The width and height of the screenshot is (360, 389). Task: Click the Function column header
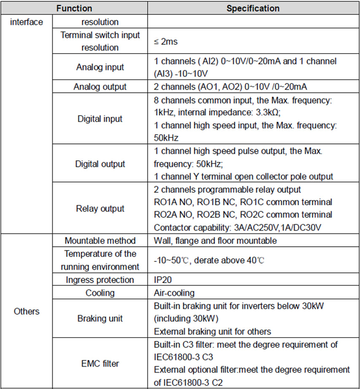(75, 8)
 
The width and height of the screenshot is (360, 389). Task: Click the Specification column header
(253, 8)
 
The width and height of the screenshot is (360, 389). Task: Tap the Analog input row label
(100, 67)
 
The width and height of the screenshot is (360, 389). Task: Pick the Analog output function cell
(100, 87)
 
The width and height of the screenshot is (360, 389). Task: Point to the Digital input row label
(100, 119)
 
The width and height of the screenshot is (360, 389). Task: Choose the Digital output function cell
(100, 164)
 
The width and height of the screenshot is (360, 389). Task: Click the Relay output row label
(100, 208)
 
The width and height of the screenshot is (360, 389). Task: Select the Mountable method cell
(100, 241)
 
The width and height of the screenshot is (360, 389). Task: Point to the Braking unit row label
(100, 318)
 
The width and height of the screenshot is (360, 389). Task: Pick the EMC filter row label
(100, 363)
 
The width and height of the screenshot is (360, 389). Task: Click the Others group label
(27, 311)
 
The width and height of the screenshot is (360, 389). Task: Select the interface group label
(27, 21)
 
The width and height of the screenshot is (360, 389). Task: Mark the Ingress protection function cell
(100, 280)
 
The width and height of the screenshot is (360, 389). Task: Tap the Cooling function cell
(100, 292)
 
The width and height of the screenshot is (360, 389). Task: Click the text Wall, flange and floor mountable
(215, 241)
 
